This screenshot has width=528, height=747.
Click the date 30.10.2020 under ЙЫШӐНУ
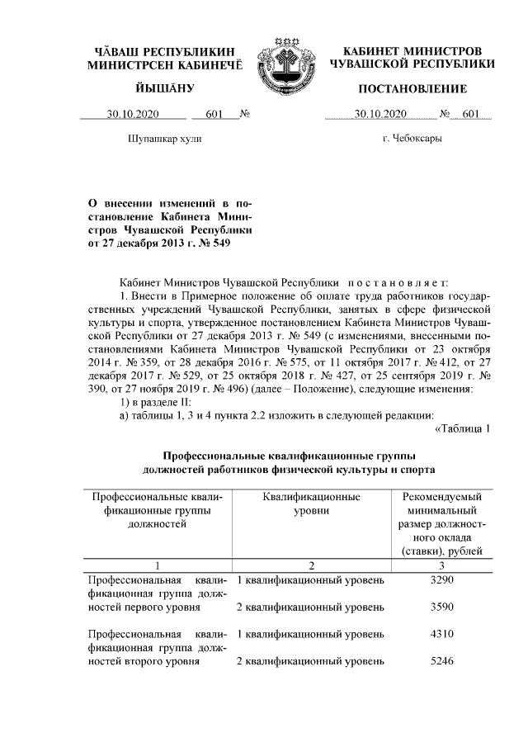[x=135, y=114]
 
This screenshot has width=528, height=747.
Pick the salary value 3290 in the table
[x=443, y=580]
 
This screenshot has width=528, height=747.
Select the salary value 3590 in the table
[x=443, y=608]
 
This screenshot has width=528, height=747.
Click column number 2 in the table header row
[x=312, y=565]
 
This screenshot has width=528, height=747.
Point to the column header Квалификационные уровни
[x=312, y=505]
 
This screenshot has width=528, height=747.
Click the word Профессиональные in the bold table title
[x=218, y=456]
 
